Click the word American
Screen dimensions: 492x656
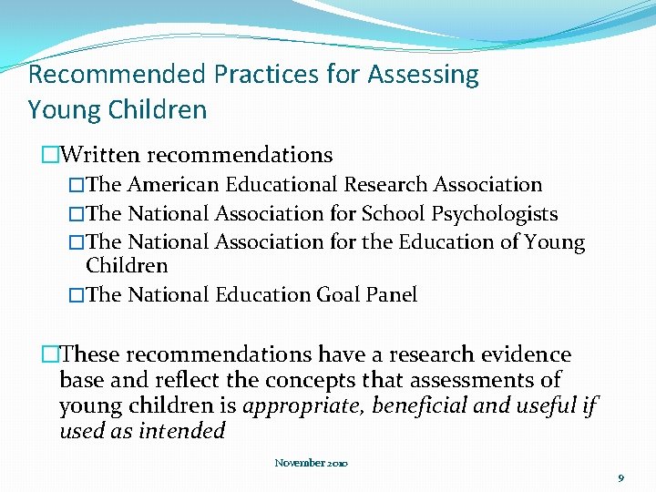click(173, 185)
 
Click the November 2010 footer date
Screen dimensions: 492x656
click(311, 464)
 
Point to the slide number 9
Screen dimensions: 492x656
click(620, 477)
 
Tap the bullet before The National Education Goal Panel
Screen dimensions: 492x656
click(77, 295)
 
